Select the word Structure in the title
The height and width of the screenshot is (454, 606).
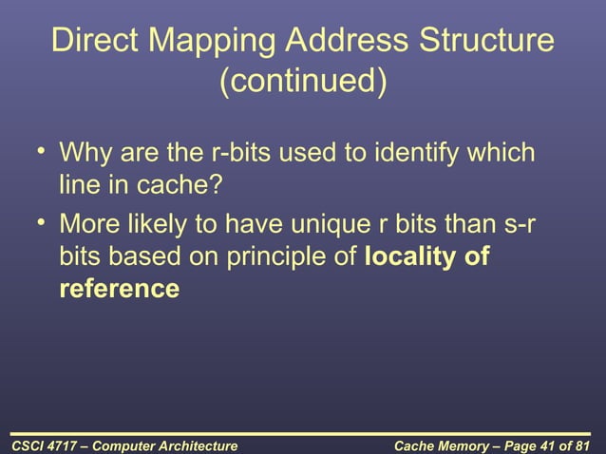[x=487, y=42]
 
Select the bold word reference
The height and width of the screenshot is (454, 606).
[x=119, y=289]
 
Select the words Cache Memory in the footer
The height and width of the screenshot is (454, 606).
[x=438, y=444]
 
